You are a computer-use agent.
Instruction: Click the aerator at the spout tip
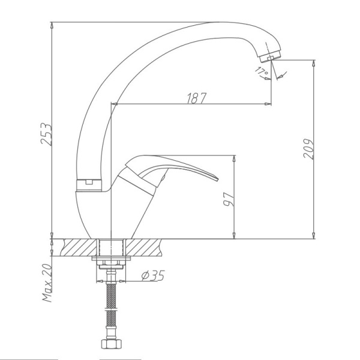coord(268,58)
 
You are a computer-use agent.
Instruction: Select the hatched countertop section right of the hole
coord(144,246)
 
